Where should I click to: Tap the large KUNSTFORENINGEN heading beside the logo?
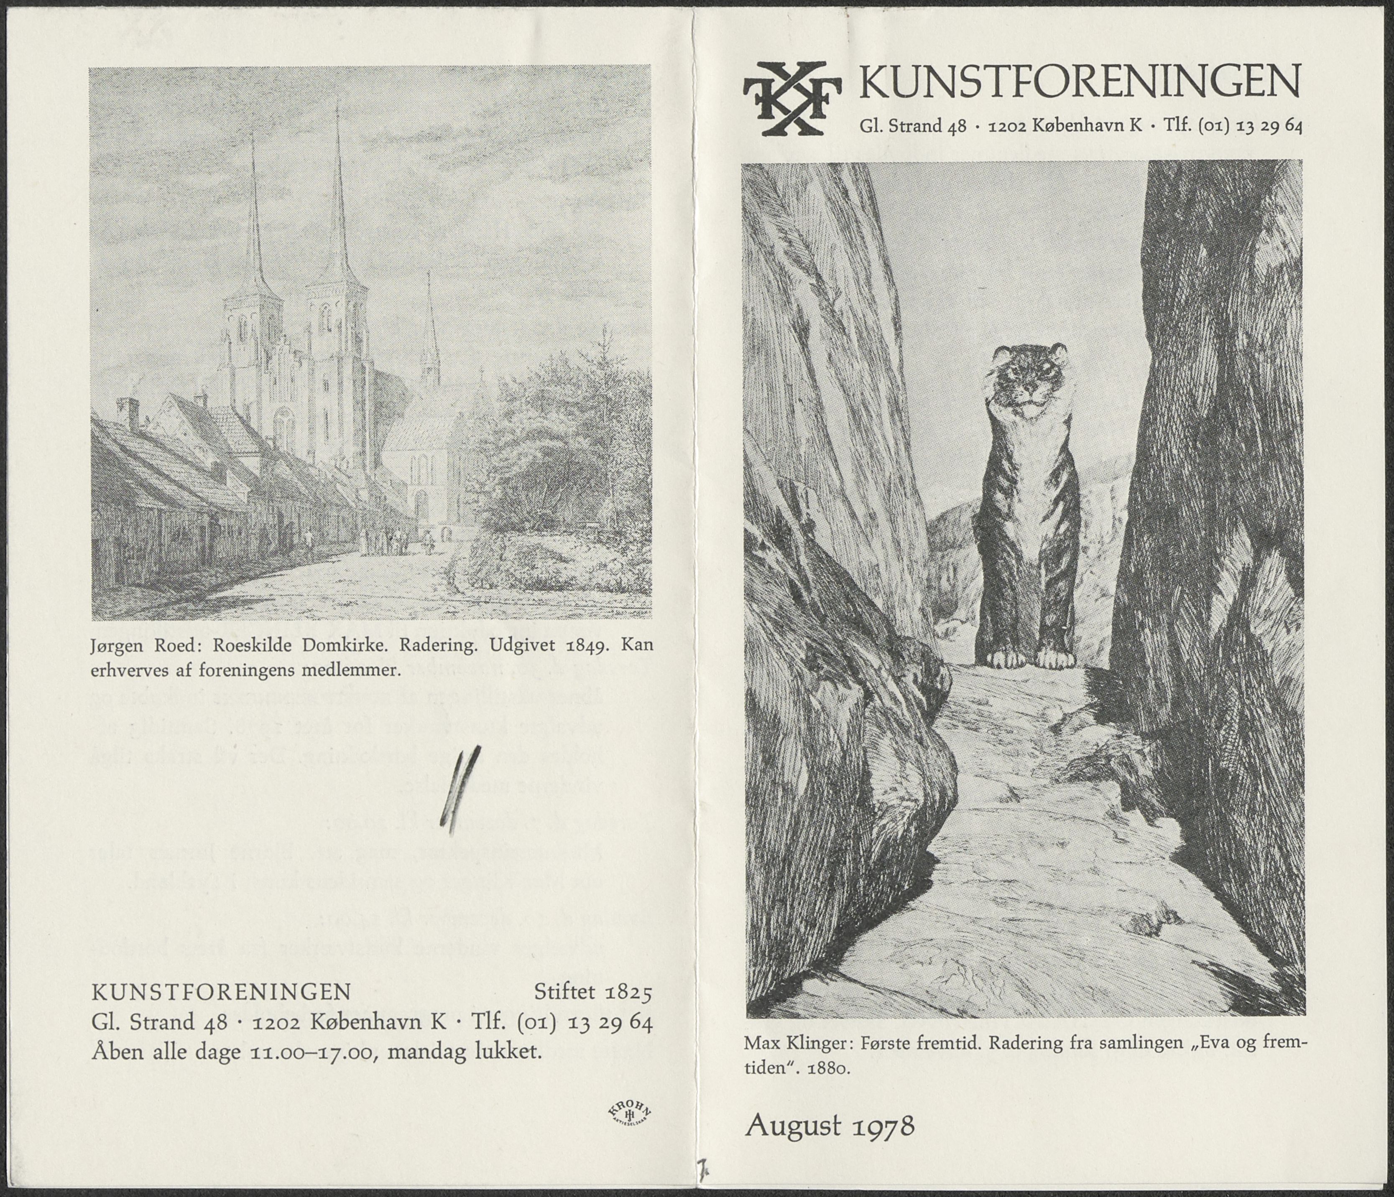(x=1080, y=82)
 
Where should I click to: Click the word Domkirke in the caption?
(x=345, y=646)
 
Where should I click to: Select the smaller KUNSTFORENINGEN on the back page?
(x=221, y=992)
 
